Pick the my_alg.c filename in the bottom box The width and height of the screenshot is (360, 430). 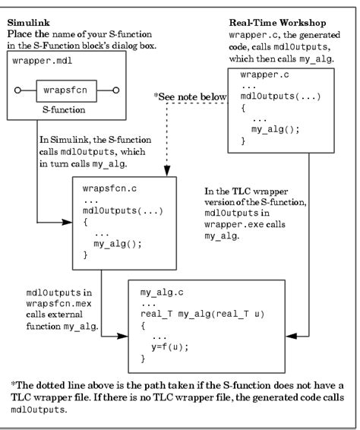click(160, 291)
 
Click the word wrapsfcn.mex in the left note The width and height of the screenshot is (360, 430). click(51, 300)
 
